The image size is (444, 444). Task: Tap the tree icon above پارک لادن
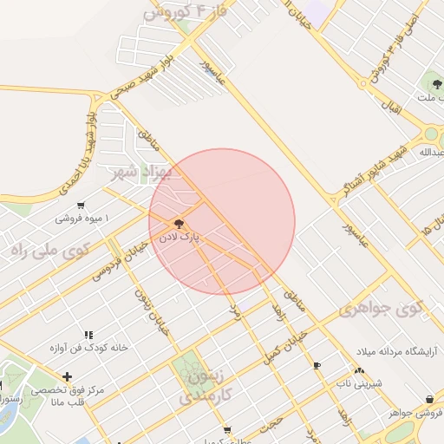click(x=180, y=223)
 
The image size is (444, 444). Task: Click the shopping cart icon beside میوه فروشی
click(x=81, y=206)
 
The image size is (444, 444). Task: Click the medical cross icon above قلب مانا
click(x=68, y=376)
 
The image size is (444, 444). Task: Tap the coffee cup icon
click(x=317, y=365)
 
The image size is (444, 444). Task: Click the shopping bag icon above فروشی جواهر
click(x=430, y=399)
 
